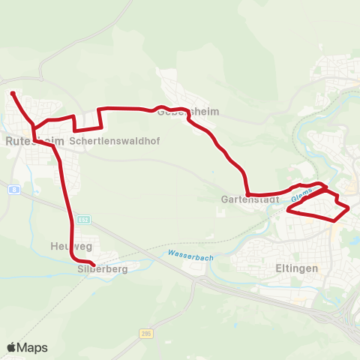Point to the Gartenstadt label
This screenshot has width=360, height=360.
click(x=250, y=200)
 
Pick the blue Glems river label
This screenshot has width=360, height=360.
click(x=301, y=194)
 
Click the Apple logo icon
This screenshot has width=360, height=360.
click(x=11, y=347)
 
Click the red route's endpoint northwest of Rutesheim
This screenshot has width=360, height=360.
click(x=13, y=93)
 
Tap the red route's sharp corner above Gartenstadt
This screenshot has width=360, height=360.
click(x=247, y=194)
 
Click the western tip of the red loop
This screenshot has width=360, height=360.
click(x=288, y=211)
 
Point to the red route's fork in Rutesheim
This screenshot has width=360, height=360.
click(x=33, y=125)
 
